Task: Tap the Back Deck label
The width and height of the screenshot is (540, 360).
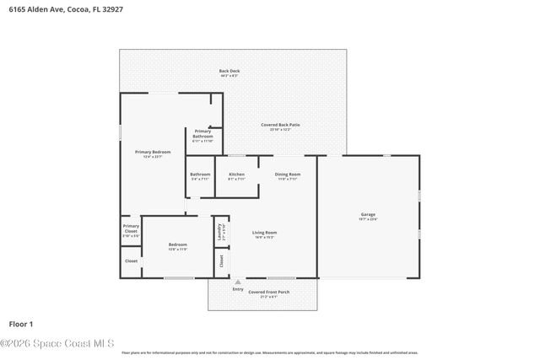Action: click(x=229, y=72)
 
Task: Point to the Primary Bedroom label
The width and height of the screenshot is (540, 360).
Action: click(x=153, y=153)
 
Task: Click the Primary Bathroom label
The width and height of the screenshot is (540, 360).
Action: click(x=202, y=133)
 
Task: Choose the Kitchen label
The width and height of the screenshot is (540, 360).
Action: click(x=237, y=175)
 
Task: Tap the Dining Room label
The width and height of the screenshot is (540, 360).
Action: click(x=288, y=175)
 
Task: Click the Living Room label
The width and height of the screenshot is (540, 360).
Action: click(x=264, y=234)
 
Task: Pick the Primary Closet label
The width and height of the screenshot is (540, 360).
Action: click(x=131, y=228)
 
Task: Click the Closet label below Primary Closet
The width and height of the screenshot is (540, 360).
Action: click(x=131, y=261)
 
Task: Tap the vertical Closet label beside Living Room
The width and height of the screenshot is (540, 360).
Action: click(x=221, y=261)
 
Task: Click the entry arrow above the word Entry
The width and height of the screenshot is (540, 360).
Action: click(x=237, y=282)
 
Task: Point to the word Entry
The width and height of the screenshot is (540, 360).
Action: click(x=237, y=289)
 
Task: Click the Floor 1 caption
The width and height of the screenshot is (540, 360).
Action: click(x=20, y=324)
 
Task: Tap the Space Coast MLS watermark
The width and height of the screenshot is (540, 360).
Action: click(x=57, y=343)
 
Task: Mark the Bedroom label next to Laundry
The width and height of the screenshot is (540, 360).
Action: click(x=177, y=245)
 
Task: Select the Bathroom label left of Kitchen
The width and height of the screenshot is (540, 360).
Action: click(x=200, y=175)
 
